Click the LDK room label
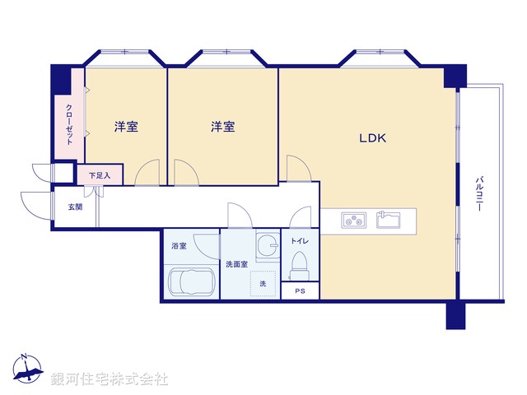[x=372, y=138]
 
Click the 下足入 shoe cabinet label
[x=100, y=174]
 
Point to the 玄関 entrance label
[x=75, y=207]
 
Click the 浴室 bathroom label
[x=179, y=246]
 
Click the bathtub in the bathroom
[x=192, y=281]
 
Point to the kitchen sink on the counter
[x=388, y=220]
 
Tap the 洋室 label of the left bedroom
[x=126, y=127]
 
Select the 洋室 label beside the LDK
[x=222, y=127]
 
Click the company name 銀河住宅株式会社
[x=110, y=379]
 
